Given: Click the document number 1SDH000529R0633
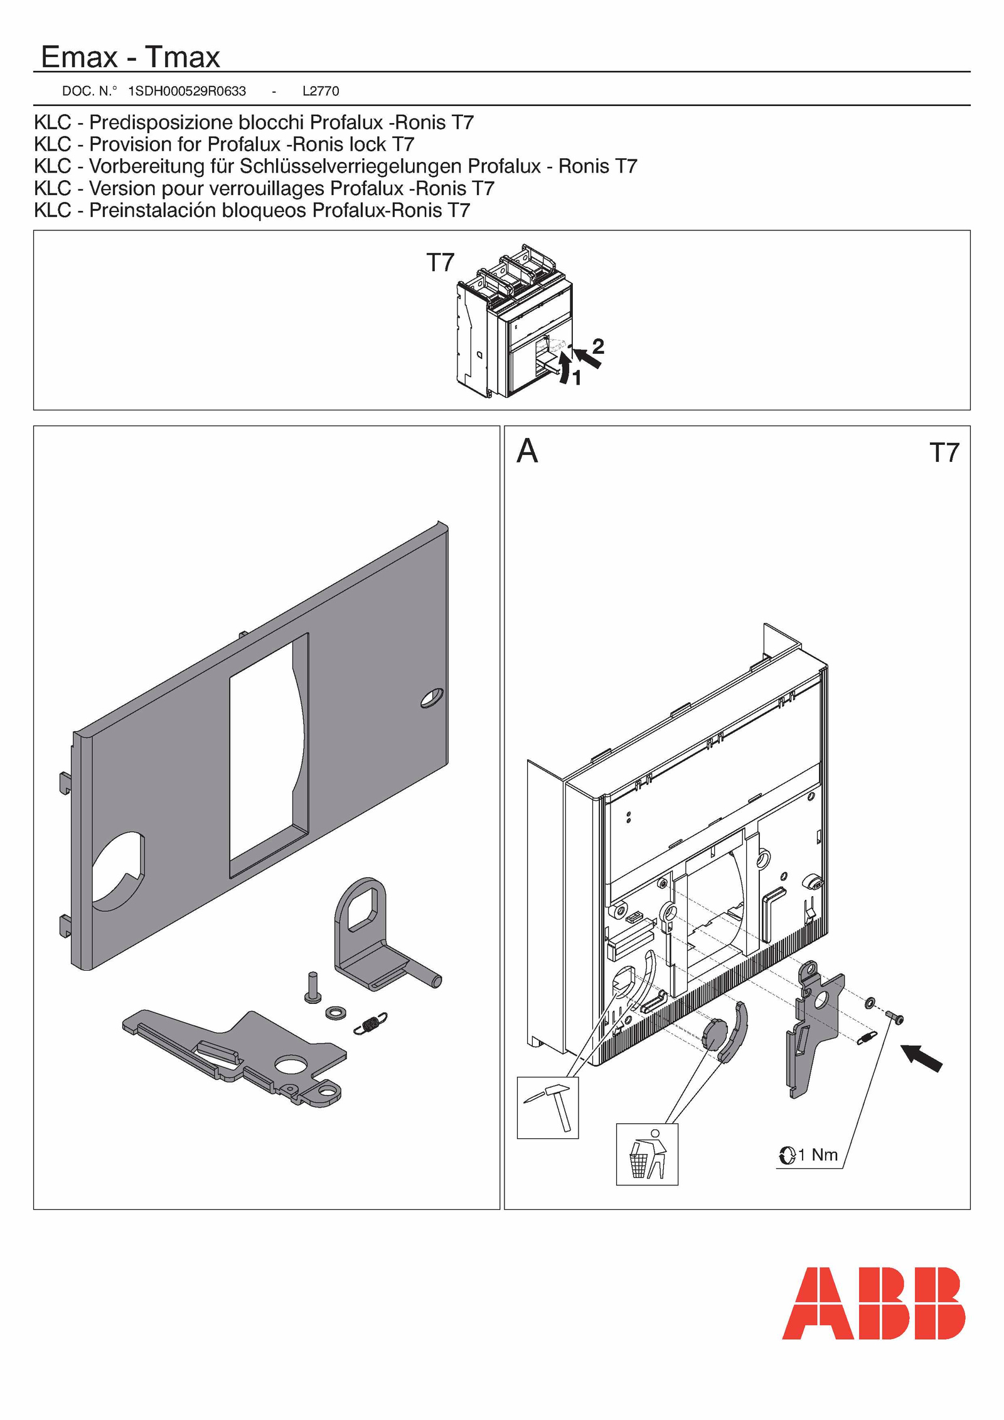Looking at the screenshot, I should click(186, 91).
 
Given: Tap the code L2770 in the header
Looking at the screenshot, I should click(321, 91).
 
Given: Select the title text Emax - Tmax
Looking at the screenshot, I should click(131, 57).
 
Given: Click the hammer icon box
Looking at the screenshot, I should click(547, 1108).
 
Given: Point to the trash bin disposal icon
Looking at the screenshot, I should click(647, 1154).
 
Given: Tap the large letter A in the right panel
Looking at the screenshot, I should click(527, 451).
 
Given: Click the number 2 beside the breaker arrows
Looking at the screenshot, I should click(598, 346).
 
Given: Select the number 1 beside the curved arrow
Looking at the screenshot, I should click(577, 378).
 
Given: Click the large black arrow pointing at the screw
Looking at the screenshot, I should click(922, 1058).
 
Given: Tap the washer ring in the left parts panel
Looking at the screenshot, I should click(336, 1012).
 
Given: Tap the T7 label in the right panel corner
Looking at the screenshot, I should click(944, 452).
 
